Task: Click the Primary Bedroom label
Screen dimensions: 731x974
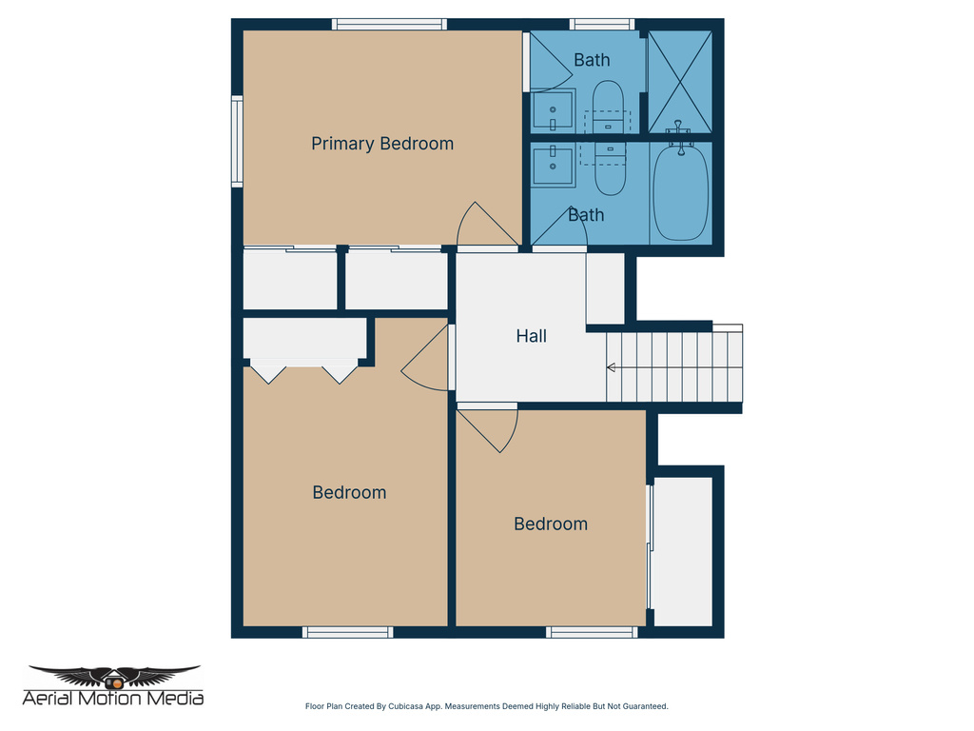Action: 382,144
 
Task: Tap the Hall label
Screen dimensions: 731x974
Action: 531,336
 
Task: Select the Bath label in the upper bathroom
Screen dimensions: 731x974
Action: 592,60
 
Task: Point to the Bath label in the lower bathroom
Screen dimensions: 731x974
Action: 586,215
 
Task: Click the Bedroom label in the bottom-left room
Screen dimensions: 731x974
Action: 349,492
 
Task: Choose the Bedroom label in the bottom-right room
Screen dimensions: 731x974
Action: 551,524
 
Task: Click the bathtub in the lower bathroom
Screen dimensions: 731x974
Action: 680,191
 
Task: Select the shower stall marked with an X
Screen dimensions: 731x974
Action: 679,82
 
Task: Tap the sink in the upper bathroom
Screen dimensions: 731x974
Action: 552,111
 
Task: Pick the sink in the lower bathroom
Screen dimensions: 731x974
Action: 552,166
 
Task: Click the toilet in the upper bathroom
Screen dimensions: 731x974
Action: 609,107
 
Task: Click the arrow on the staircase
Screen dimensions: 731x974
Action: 612,367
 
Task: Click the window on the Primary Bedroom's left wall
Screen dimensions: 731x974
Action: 237,140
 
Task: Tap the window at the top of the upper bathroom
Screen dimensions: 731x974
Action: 601,24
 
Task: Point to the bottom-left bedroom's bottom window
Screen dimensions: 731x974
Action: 347,632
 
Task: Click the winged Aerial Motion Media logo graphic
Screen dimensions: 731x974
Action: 114,677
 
